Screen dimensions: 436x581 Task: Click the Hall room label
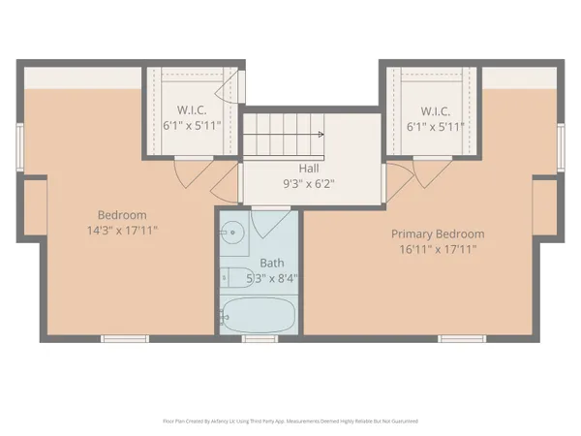pos(310,168)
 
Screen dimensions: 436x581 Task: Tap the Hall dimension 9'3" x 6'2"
pos(310,183)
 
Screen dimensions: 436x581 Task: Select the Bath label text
pos(271,263)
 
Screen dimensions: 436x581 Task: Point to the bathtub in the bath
pos(257,315)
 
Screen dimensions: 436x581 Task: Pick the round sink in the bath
pos(231,233)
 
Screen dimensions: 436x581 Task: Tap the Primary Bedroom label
pos(438,234)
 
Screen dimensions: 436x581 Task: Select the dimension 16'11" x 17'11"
pos(438,249)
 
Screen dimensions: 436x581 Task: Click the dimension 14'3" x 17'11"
pos(122,231)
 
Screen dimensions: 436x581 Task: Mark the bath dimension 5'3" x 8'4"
pos(271,278)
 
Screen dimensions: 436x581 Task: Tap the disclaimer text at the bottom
pos(290,421)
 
